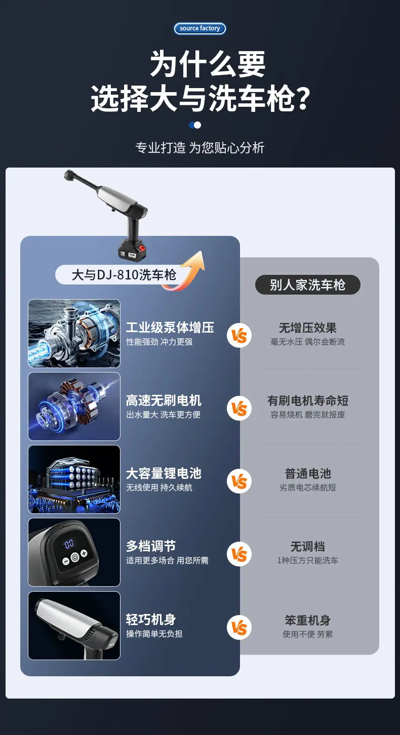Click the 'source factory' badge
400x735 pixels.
pos(199,28)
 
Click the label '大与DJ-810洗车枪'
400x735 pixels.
pos(124,275)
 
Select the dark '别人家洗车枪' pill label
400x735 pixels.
pos(307,285)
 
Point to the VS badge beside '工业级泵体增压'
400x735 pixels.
pos(239,336)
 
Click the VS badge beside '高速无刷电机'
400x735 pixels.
pos(239,409)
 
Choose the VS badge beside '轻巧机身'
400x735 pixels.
pos(239,628)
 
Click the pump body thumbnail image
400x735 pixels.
pos(74,334)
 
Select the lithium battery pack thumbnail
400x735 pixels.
pos(74,479)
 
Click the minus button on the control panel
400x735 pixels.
pos(66,560)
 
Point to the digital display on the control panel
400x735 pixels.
pos(68,544)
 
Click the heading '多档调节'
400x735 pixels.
pos(151,547)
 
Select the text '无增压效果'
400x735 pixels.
pos(307,328)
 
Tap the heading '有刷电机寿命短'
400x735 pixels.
pos(307,400)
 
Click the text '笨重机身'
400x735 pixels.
pos(307,621)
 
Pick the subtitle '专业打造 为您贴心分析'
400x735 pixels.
pos(200,148)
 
